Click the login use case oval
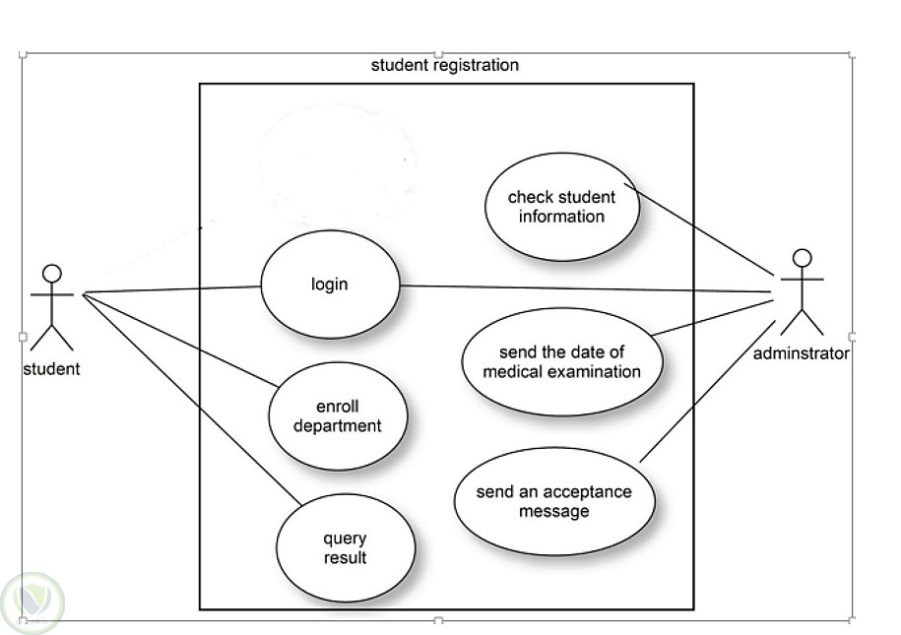[x=330, y=285]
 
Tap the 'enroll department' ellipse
[x=338, y=416]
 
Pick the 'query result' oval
[x=345, y=548]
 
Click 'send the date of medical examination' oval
[x=561, y=361]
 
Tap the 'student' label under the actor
[x=51, y=369]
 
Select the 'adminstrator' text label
[x=801, y=353]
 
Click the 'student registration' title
[x=444, y=66]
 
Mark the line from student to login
[x=172, y=289]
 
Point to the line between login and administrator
[x=591, y=289]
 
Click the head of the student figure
[x=52, y=273]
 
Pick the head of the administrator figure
[x=803, y=258]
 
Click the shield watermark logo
[x=32, y=600]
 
